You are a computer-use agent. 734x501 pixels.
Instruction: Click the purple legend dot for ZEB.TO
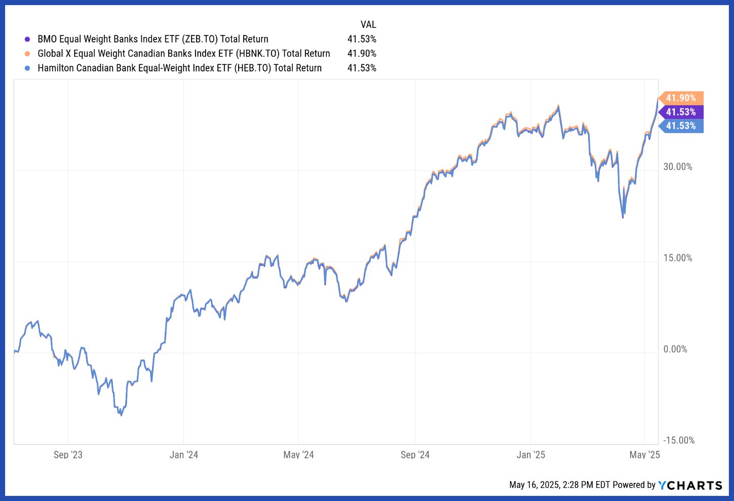[x=27, y=39]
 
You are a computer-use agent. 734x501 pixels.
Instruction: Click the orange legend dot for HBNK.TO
[x=27, y=54]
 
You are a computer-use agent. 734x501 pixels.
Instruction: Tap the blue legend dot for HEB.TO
[x=27, y=68]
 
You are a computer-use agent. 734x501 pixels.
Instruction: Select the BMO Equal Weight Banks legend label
[x=152, y=39]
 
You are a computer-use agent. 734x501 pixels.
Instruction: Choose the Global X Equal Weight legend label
[x=183, y=54]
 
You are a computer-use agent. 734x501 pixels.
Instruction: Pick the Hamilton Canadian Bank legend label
[x=179, y=68]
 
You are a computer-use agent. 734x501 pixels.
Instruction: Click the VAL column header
[x=368, y=24]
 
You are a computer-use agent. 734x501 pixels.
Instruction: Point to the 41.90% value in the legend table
[x=362, y=54]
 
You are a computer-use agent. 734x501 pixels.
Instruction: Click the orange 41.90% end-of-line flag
[x=681, y=98]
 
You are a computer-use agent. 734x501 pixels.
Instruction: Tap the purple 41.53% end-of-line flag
[x=681, y=112]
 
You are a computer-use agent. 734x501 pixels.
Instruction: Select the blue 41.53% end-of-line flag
[x=681, y=126]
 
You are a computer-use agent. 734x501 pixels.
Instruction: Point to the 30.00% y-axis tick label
[x=678, y=167]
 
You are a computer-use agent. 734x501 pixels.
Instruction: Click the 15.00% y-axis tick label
[x=678, y=258]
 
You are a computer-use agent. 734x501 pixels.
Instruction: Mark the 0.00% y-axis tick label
[x=675, y=349]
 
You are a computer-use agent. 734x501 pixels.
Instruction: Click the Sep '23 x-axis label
[x=68, y=454]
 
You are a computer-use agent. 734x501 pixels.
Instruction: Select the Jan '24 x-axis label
[x=184, y=454]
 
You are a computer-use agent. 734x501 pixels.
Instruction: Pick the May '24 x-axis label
[x=298, y=454]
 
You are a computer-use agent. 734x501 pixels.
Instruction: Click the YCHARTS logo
[x=690, y=485]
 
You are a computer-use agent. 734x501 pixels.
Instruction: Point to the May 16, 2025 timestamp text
[x=559, y=485]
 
